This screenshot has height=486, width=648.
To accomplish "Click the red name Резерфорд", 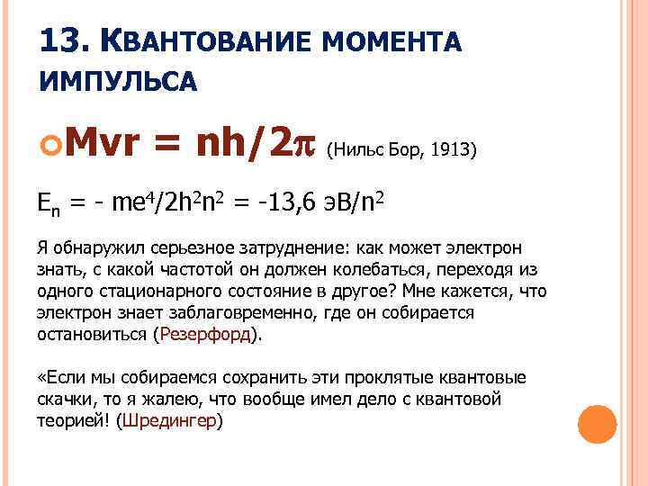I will click(x=206, y=334).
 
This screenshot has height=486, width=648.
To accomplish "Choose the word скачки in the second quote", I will click(x=62, y=399).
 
